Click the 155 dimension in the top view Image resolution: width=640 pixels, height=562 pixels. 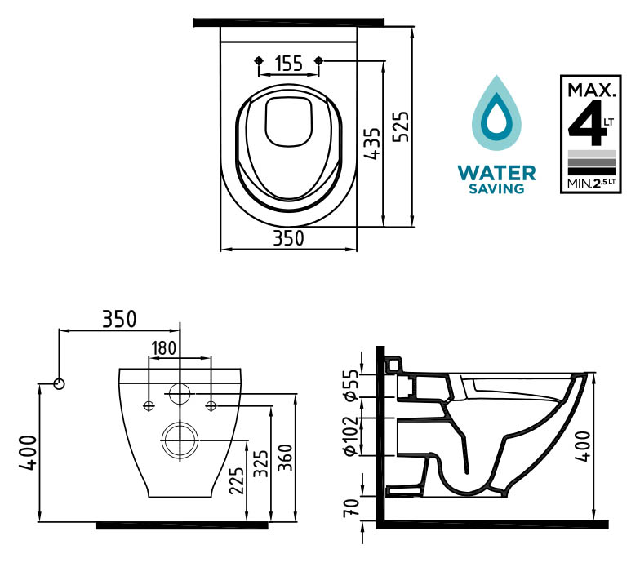tap(289, 64)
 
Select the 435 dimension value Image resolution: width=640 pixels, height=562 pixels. tap(372, 144)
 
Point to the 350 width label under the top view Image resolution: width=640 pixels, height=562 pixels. tap(289, 238)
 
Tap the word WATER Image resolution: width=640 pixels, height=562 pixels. tap(496, 173)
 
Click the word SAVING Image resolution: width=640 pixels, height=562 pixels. tap(496, 188)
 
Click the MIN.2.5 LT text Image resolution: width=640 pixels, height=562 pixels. tap(591, 184)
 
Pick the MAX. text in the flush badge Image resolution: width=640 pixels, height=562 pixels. tap(591, 90)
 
